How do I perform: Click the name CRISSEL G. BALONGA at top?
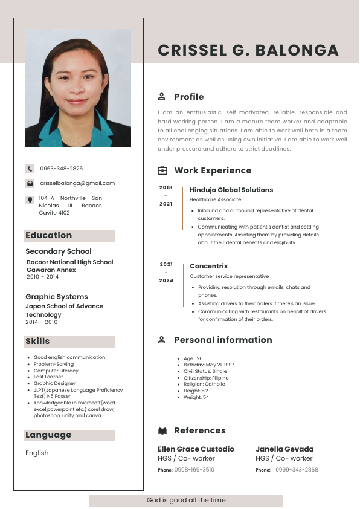pyautogui.click(x=248, y=50)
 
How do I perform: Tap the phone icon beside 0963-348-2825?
pyautogui.click(x=30, y=169)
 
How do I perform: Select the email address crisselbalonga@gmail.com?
pyautogui.click(x=77, y=183)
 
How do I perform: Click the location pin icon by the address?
pyautogui.click(x=30, y=200)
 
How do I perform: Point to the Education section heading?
pyautogui.click(x=48, y=236)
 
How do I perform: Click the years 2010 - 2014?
pyautogui.click(x=42, y=277)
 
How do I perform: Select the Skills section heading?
pyautogui.click(x=37, y=342)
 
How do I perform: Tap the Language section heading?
pyautogui.click(x=48, y=435)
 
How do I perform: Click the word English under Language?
pyautogui.click(x=37, y=453)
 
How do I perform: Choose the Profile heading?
pyautogui.click(x=188, y=97)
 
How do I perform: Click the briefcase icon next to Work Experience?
pyautogui.click(x=162, y=170)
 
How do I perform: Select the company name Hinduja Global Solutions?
pyautogui.click(x=231, y=190)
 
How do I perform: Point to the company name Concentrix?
pyautogui.click(x=209, y=266)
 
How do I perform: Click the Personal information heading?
pyautogui.click(x=223, y=340)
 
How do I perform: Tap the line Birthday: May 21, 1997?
pyautogui.click(x=209, y=365)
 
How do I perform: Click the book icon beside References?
pyautogui.click(x=162, y=431)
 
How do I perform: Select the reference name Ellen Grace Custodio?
pyautogui.click(x=196, y=449)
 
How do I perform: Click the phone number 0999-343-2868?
pyautogui.click(x=297, y=470)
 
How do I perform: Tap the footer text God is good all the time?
pyautogui.click(x=185, y=501)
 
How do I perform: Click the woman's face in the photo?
pyautogui.click(x=78, y=85)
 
